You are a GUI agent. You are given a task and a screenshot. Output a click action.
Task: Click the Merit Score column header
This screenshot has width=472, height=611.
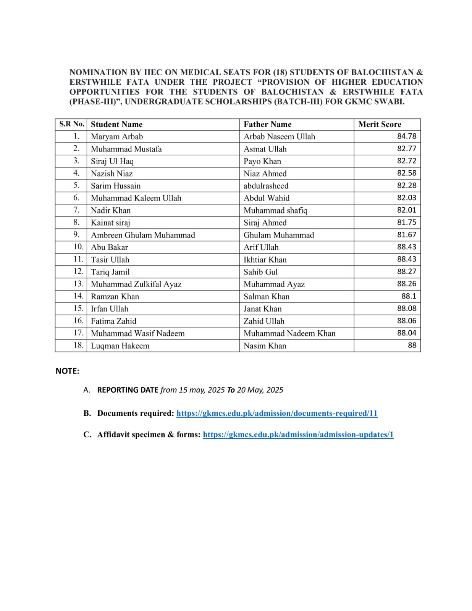pos(380,124)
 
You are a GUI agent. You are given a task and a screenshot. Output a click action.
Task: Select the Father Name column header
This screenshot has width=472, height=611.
pos(267,124)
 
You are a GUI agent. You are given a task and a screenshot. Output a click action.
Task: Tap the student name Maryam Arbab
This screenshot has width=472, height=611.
pos(117,137)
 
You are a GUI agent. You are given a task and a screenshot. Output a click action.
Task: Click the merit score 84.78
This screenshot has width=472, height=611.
pos(406,136)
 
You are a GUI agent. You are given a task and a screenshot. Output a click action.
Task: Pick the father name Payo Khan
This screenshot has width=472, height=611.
pos(262,161)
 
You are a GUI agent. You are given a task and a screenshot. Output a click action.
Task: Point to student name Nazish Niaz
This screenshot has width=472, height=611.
pos(112,174)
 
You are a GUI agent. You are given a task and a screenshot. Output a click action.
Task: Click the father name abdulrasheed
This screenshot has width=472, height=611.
pos(266,186)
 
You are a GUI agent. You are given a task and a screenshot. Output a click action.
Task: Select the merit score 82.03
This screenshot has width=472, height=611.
pos(406,198)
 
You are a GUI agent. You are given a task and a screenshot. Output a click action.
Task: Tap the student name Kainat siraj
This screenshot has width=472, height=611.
pos(110,223)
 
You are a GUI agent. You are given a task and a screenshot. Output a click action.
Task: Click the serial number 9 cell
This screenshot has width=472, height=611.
pos(76,234)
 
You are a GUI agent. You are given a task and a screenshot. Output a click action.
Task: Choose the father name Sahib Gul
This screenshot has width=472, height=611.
pos(261,272)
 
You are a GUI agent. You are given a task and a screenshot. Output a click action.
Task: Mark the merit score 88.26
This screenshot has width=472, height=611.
pos(406,284)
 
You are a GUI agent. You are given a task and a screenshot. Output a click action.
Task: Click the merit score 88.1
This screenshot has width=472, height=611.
pos(409,296)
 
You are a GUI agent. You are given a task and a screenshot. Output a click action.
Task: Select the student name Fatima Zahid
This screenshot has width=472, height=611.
pos(113,321)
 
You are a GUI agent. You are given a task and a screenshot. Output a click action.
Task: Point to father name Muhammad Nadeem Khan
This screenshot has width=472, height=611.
pos(289,333)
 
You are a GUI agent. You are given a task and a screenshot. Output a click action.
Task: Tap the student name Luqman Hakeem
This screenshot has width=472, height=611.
pos(120,346)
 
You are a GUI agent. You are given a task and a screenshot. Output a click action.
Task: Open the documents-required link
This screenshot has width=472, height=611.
pos(277,413)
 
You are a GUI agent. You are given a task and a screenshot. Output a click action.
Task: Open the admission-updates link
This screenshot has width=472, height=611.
pos(298,435)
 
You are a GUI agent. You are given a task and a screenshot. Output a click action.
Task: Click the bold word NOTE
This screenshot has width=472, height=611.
pos(67,371)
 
